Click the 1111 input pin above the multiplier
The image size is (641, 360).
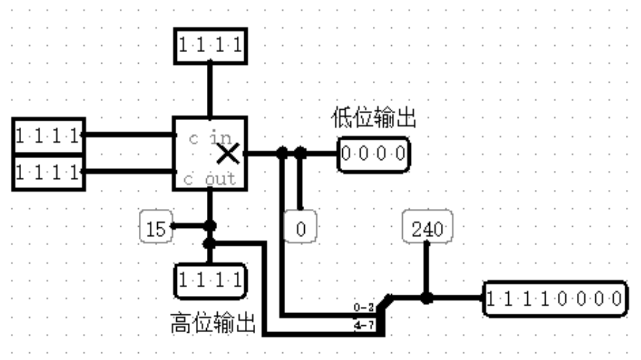[210, 46]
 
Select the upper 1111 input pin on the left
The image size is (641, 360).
[48, 135]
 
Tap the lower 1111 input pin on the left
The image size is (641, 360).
[48, 172]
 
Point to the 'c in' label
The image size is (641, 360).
[212, 138]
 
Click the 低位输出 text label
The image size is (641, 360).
[373, 118]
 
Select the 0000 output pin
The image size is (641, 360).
[373, 154]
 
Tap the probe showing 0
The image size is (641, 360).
[301, 229]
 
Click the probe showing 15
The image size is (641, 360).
[156, 228]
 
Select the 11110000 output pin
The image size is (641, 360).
[554, 299]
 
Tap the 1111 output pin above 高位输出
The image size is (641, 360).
[209, 281]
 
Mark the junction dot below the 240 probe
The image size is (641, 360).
[427, 298]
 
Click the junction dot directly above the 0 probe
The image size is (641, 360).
[300, 154]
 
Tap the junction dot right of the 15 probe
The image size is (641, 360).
[209, 225]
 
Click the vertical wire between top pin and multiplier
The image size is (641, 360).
[209, 90]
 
